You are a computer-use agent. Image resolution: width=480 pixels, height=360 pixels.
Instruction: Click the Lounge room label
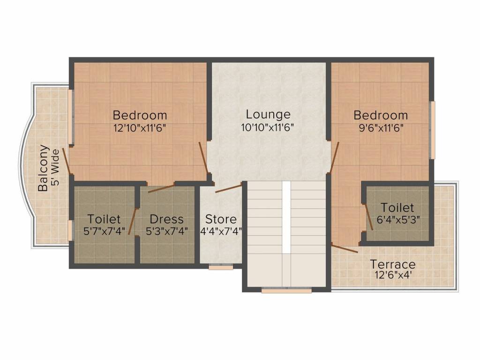click(x=268, y=114)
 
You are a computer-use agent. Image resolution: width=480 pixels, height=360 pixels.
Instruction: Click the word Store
click(x=221, y=219)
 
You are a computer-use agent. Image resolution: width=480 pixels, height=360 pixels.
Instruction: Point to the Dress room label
click(x=166, y=219)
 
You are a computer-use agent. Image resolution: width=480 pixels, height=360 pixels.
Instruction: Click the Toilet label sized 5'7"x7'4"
click(x=104, y=219)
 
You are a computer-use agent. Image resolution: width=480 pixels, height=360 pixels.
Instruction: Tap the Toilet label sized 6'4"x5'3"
click(x=397, y=207)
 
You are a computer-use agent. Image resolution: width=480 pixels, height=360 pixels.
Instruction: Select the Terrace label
click(x=392, y=264)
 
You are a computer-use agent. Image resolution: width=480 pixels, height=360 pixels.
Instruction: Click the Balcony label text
click(x=43, y=168)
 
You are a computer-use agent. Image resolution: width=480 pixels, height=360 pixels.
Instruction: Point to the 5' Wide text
click(x=56, y=168)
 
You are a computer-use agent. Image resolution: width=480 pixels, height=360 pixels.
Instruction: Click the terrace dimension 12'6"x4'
click(x=392, y=276)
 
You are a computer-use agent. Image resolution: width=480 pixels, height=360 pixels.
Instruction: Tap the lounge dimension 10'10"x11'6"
click(x=268, y=127)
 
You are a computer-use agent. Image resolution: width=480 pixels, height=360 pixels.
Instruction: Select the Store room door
click(x=228, y=188)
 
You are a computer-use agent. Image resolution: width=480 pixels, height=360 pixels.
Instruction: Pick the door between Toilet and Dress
click(x=133, y=221)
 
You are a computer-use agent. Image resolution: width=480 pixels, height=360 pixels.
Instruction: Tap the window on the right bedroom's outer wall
click(x=433, y=130)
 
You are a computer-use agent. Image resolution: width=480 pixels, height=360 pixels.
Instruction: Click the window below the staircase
click(x=286, y=291)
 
